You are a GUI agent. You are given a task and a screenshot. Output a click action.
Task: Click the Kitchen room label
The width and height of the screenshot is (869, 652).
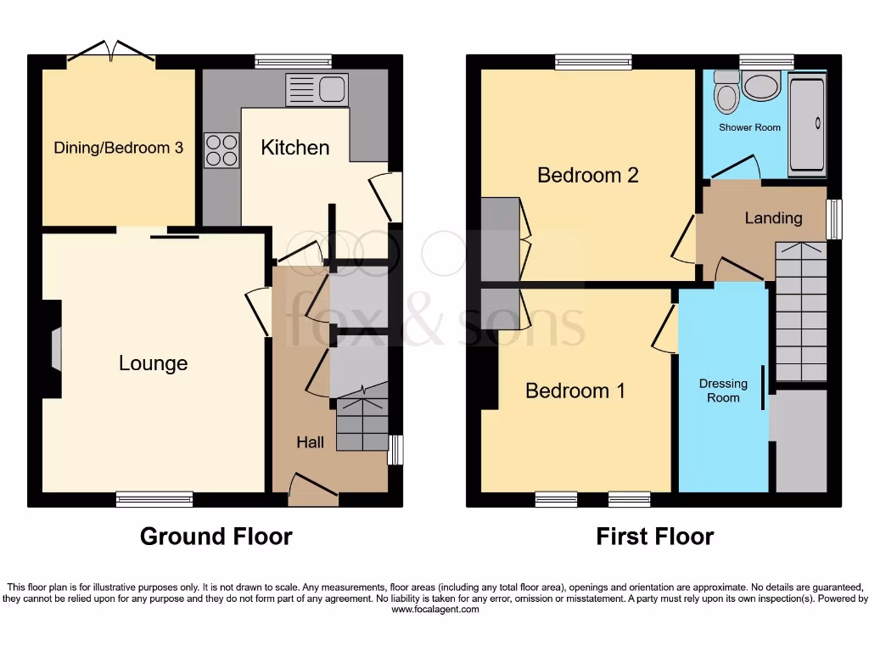pyautogui.click(x=294, y=148)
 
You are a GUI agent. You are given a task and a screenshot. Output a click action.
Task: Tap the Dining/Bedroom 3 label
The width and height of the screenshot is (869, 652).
pyautogui.click(x=118, y=148)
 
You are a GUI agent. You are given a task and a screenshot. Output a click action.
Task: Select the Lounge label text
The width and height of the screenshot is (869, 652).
pyautogui.click(x=153, y=363)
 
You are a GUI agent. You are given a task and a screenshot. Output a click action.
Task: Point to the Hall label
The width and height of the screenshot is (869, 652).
pyautogui.click(x=310, y=442)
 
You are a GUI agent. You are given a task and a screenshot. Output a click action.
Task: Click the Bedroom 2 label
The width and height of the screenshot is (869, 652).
pyautogui.click(x=587, y=175)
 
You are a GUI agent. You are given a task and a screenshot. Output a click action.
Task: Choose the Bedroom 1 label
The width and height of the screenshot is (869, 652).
pyautogui.click(x=575, y=391)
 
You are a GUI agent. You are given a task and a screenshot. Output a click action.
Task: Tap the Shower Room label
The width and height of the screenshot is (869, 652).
pyautogui.click(x=749, y=127)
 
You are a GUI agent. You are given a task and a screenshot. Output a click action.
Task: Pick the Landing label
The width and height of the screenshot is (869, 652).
pyautogui.click(x=773, y=218)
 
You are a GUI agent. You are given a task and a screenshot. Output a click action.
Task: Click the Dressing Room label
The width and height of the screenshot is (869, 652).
pyautogui.click(x=723, y=391)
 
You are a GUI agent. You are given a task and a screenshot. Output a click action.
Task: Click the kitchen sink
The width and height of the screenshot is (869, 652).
pyautogui.click(x=317, y=89)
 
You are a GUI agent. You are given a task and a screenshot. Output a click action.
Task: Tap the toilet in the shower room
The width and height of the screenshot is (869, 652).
pyautogui.click(x=726, y=93)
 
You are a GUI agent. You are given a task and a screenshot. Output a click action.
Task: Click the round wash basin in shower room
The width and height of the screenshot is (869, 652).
pyautogui.click(x=760, y=86)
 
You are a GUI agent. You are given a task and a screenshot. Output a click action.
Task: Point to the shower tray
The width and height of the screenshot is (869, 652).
pyautogui.click(x=806, y=124)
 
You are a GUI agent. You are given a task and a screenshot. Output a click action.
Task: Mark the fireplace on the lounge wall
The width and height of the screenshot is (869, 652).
pyautogui.click(x=55, y=350)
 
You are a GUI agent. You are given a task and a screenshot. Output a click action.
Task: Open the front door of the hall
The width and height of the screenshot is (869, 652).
pyautogui.click(x=313, y=490)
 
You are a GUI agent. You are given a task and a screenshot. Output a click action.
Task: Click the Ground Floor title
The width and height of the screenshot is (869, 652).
pyautogui.click(x=216, y=537)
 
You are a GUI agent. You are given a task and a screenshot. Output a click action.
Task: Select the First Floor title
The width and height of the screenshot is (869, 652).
pyautogui.click(x=654, y=537)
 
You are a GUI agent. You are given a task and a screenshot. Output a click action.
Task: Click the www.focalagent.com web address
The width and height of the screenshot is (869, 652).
pyautogui.click(x=434, y=609)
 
